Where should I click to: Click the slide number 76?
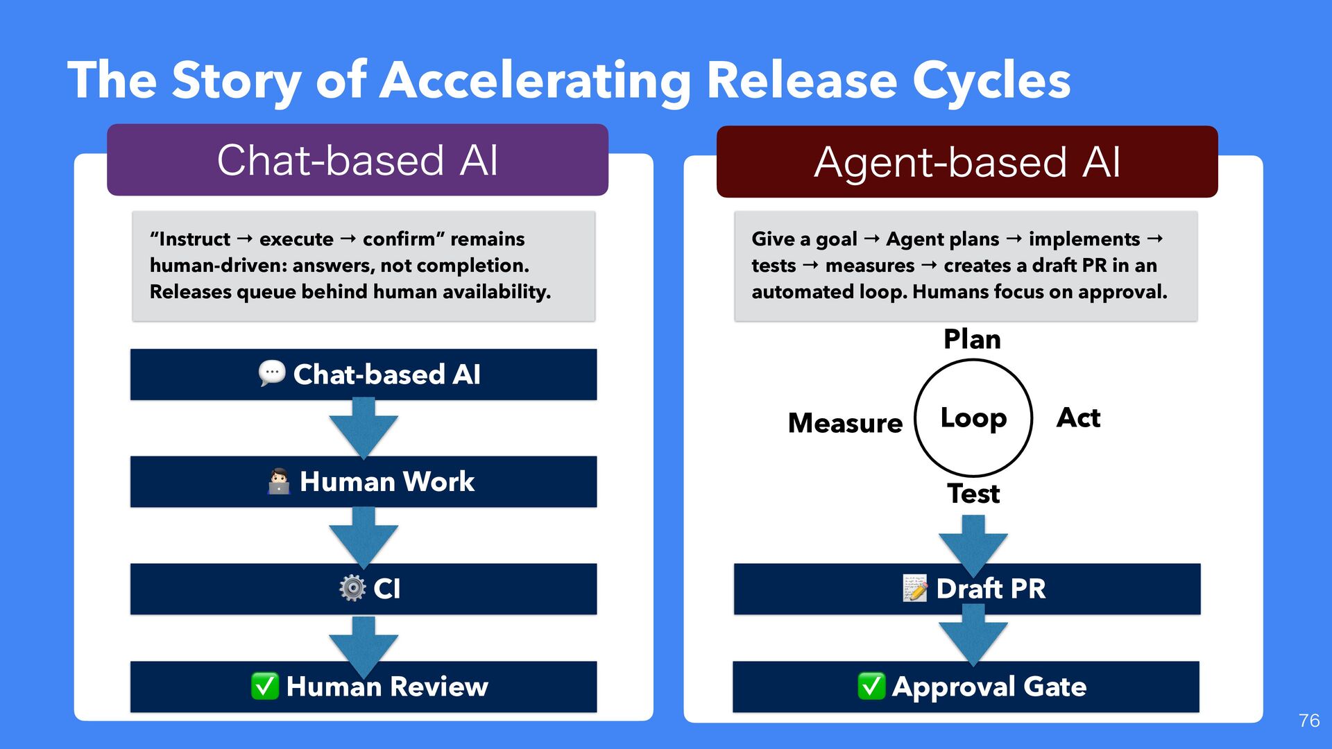point(1308,721)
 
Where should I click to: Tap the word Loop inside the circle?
point(973,418)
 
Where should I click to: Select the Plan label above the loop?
point(972,339)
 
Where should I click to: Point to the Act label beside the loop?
point(1078,417)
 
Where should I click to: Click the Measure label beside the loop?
point(845,423)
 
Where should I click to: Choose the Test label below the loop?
point(973,494)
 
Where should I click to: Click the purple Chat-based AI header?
point(357,160)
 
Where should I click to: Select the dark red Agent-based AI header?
point(967,162)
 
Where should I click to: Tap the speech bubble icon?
point(271,373)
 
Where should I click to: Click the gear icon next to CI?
point(352,588)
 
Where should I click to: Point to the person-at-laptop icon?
point(278,481)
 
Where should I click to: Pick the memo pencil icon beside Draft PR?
point(915,588)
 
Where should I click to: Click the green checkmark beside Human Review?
point(265,686)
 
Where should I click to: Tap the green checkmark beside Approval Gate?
point(871,686)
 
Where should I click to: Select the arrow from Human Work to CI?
point(363,537)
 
